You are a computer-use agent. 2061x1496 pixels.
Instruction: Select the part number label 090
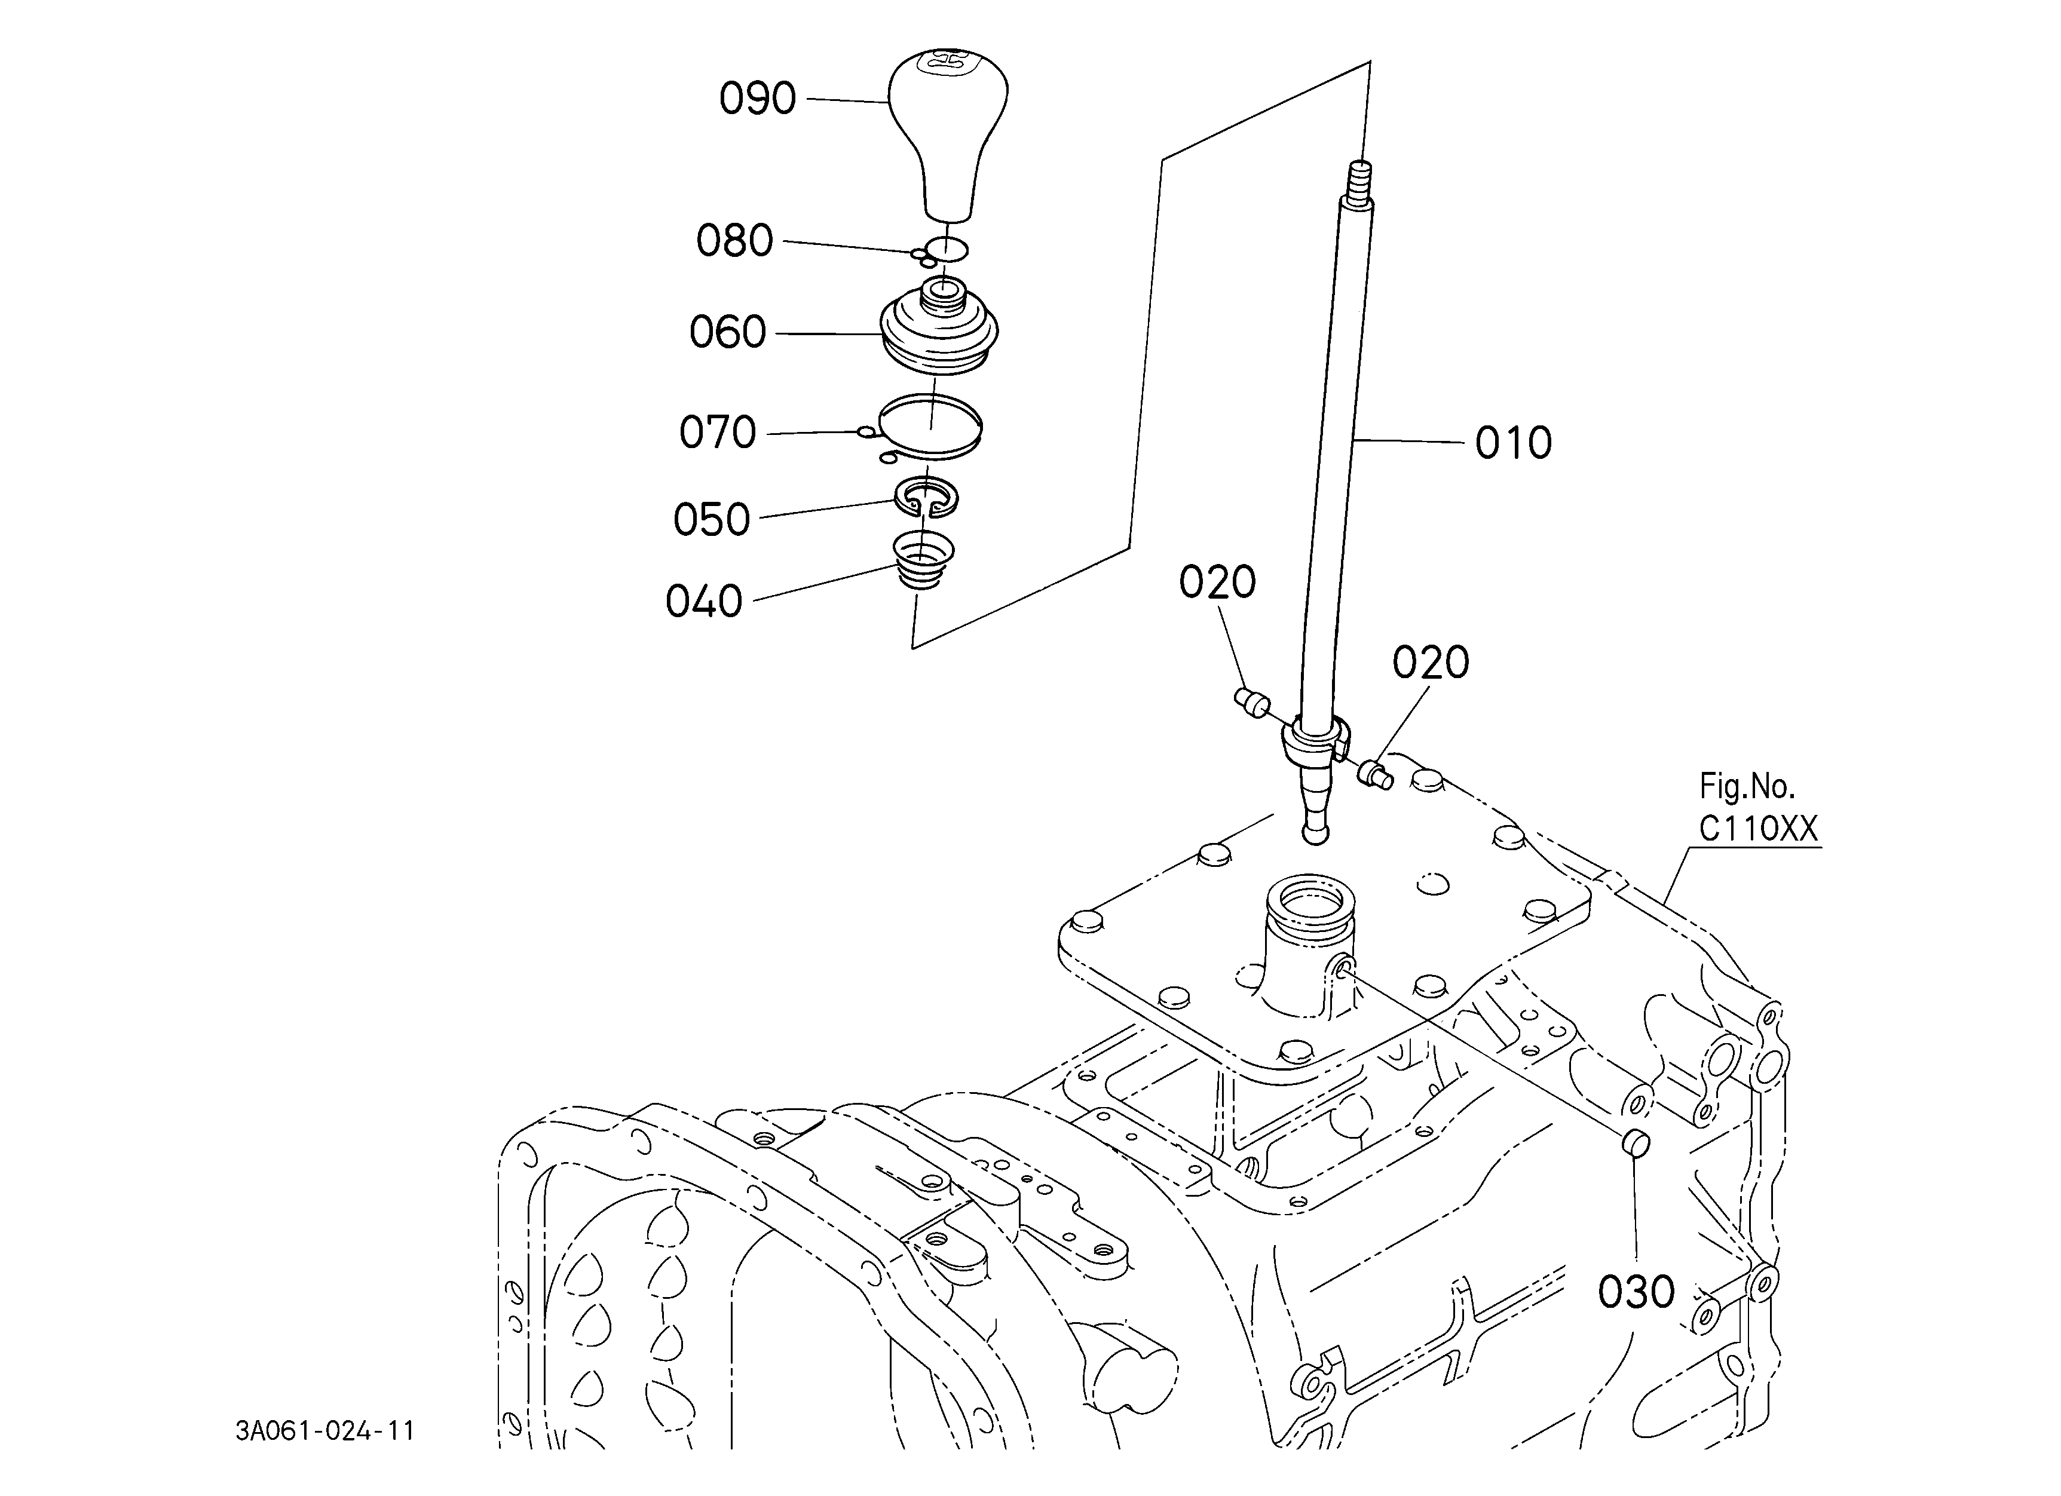click(x=757, y=98)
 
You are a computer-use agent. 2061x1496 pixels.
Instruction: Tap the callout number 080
click(x=734, y=241)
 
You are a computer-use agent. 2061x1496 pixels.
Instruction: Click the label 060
click(x=727, y=332)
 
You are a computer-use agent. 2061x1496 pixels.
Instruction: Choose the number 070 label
click(x=717, y=433)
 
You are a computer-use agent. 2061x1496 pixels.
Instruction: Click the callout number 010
click(x=1513, y=443)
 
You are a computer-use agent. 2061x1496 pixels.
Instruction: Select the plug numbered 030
click(x=1635, y=1144)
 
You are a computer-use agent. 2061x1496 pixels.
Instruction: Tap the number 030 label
click(x=1636, y=1292)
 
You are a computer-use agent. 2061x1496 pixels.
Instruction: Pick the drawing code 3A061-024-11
click(x=325, y=1431)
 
